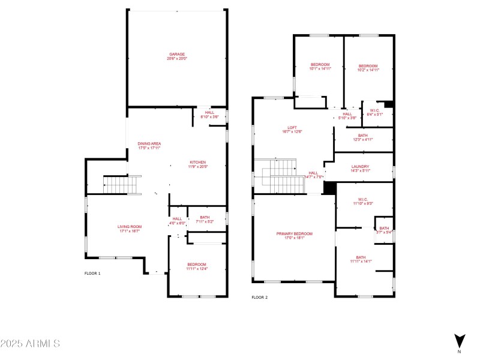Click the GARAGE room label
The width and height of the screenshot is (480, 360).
point(177,56)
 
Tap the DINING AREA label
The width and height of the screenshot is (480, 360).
point(149,146)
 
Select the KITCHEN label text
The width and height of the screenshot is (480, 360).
point(198,164)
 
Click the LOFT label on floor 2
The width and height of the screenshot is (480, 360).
point(292,129)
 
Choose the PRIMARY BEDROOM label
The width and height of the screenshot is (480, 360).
point(294,235)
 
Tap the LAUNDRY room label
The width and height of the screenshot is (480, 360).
point(360,169)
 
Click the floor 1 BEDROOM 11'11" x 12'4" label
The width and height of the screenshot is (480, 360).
point(196,266)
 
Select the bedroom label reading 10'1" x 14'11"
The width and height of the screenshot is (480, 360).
point(320,67)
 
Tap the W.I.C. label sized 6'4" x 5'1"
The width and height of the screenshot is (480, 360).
point(374,112)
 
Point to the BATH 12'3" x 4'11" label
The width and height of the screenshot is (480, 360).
point(362,137)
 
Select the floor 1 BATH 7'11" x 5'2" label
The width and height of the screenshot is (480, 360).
point(205,220)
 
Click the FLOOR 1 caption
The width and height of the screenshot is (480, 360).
point(92,273)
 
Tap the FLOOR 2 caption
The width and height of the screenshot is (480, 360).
point(259,297)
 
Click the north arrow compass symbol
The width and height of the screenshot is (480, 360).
point(459,340)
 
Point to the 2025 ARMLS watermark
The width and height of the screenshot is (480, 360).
point(30,344)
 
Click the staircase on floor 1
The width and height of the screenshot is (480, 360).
point(122,185)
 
